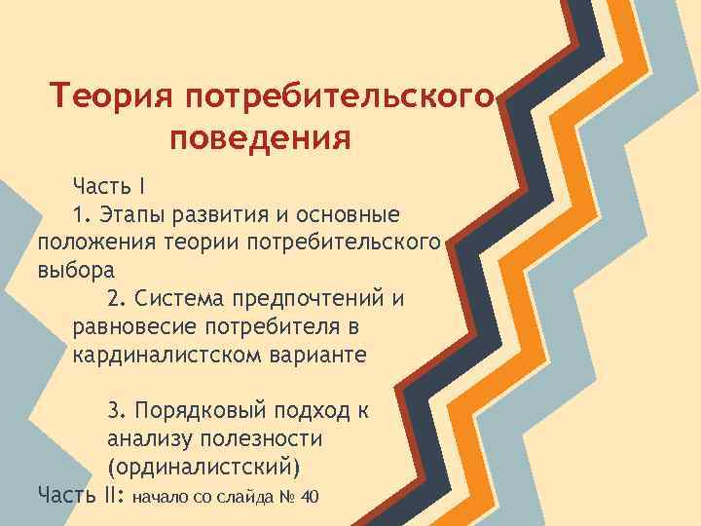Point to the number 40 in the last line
[310, 498]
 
